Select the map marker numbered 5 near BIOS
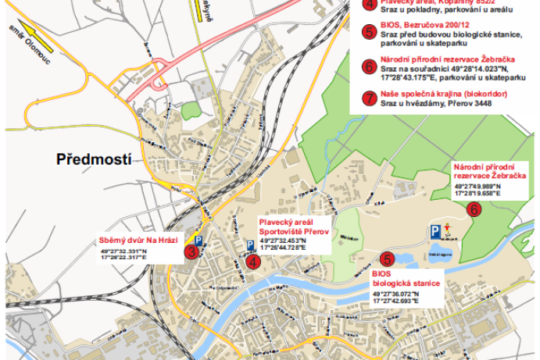click(386, 259)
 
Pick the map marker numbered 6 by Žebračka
click(474, 209)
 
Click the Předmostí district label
click(93, 159)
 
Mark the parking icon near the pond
click(433, 230)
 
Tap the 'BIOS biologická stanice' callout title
click(406, 278)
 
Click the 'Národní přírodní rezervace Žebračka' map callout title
click(488, 172)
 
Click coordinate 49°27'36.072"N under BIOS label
click(395, 293)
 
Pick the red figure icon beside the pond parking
click(446, 230)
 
